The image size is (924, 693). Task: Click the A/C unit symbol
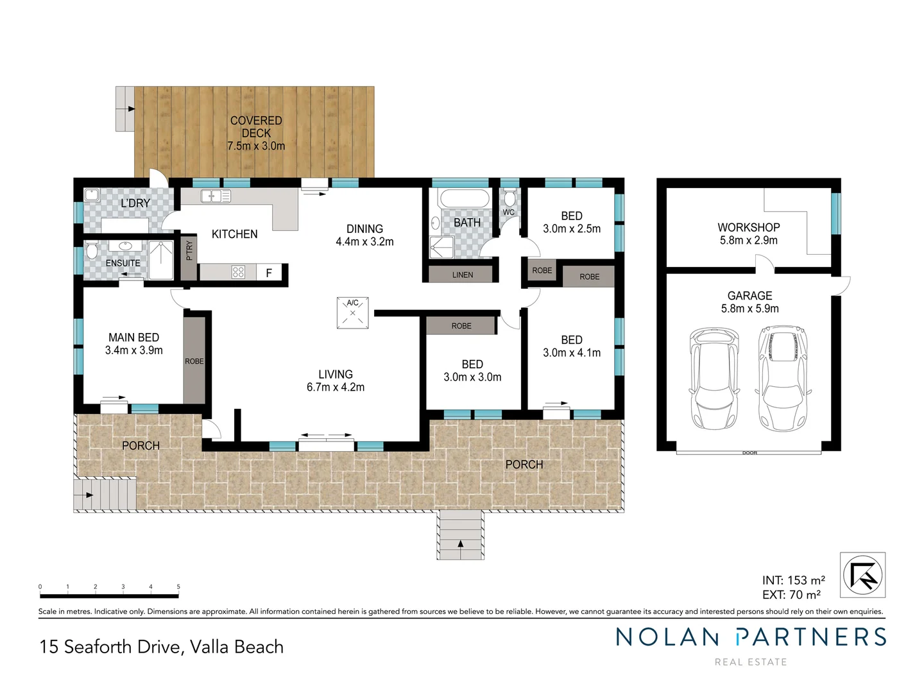(352, 313)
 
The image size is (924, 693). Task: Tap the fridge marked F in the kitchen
(269, 273)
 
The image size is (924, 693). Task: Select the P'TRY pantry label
(189, 250)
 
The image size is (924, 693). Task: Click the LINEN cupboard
(462, 275)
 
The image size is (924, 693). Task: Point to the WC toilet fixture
(509, 198)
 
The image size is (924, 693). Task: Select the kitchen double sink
(215, 196)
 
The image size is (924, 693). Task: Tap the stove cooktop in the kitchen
(238, 272)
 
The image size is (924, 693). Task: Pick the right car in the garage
(783, 379)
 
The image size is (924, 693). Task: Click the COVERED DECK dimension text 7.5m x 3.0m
(256, 146)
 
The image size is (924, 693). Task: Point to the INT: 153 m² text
(793, 581)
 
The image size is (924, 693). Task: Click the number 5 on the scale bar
(178, 586)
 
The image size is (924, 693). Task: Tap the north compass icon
(863, 575)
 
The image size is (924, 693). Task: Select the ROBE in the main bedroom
(194, 361)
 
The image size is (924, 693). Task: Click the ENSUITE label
(123, 263)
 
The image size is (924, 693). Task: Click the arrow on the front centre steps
(461, 545)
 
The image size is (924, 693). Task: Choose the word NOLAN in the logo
(667, 637)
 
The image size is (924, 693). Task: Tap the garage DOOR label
(749, 453)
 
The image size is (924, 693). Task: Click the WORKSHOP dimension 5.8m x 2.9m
(748, 241)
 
